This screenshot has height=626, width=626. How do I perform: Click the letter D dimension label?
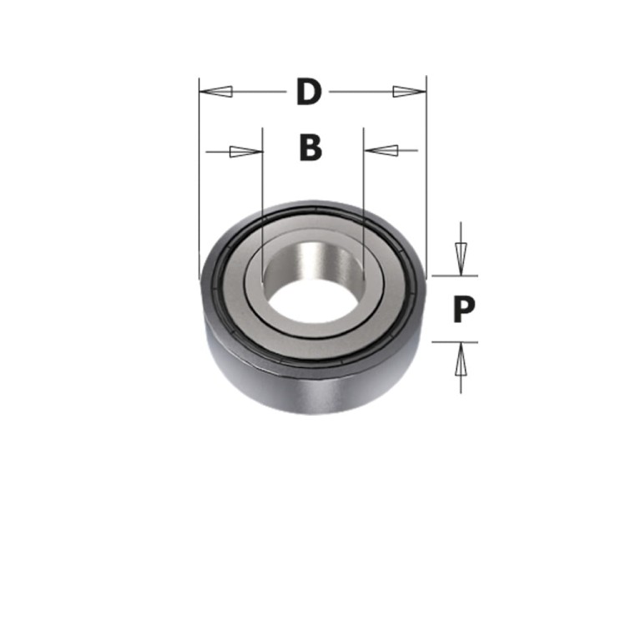(309, 92)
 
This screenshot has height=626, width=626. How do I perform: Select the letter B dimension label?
(310, 149)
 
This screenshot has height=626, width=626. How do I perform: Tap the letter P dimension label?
(464, 310)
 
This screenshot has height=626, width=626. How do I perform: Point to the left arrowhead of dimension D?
(215, 91)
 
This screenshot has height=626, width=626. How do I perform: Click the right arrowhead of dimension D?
(410, 91)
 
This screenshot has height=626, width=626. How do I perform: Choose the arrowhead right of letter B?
(381, 151)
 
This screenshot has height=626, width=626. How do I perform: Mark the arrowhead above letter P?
(458, 252)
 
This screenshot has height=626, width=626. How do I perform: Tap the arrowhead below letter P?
(458, 362)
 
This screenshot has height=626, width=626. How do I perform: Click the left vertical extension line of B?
(262, 192)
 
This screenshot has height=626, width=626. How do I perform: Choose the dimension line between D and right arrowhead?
(359, 91)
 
